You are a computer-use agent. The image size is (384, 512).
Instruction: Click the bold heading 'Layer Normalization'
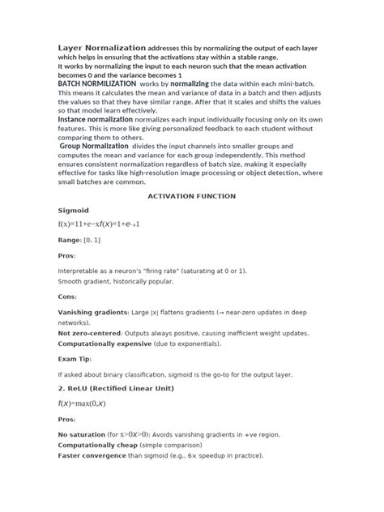click(x=102, y=49)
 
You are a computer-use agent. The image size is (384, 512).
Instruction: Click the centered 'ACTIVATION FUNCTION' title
click(x=191, y=196)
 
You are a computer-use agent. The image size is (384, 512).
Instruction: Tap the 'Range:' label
click(x=71, y=241)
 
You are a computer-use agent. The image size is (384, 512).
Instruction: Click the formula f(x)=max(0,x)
click(x=87, y=403)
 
